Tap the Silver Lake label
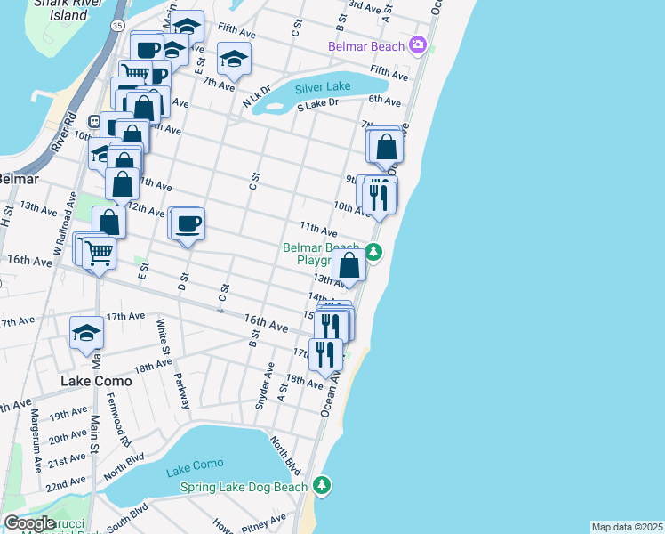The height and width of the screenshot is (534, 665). click(324, 89)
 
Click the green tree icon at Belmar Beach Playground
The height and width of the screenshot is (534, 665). click(374, 253)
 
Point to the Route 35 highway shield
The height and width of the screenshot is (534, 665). click(117, 28)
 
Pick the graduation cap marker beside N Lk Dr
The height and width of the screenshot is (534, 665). click(235, 59)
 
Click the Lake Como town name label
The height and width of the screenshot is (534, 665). click(96, 381)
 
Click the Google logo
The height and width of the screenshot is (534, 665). click(29, 523)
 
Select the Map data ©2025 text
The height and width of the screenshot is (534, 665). click(626, 527)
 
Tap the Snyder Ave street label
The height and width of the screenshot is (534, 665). click(263, 386)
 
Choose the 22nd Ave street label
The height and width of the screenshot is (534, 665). click(66, 485)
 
